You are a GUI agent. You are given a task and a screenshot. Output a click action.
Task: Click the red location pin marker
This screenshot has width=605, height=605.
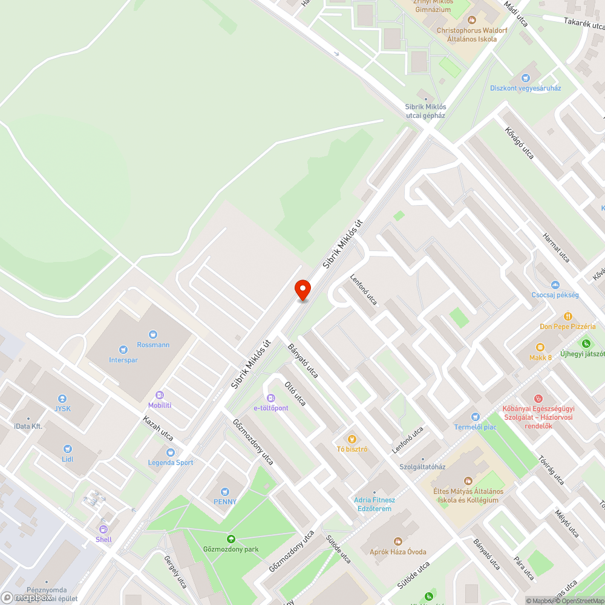tap(302, 290)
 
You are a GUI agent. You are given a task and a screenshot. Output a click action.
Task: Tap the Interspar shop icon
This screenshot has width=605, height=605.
tap(123, 349)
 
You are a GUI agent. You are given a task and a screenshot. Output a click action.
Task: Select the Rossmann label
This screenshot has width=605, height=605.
tap(153, 345)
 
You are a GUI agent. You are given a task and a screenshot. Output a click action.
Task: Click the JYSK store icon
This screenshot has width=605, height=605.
tap(62, 399)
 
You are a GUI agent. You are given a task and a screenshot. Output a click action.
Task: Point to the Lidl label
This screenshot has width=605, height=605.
tap(67, 459)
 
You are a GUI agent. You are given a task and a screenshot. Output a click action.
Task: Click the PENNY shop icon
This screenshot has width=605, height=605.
tap(225, 492)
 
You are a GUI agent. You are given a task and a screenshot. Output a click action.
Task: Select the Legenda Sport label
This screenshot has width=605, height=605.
tap(171, 463)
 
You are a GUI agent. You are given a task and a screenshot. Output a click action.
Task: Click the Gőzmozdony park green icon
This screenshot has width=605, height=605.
tap(230, 539)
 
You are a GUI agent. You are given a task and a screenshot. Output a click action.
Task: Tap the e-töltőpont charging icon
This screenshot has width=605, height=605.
tap(270, 397)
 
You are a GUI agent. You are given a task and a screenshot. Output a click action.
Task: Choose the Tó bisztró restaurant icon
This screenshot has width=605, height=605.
tap(352, 439)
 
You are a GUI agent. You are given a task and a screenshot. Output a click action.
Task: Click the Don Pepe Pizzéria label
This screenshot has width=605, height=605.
tap(567, 327)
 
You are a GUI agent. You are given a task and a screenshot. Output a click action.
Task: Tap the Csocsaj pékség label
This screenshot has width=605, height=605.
tap(555, 295)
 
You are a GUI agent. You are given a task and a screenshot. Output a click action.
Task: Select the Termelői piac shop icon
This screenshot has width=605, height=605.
tap(475, 417)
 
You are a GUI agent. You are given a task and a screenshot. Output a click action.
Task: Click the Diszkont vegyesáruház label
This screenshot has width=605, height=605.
tap(525, 88)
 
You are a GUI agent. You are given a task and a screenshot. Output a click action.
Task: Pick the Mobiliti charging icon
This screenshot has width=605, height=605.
tap(160, 394)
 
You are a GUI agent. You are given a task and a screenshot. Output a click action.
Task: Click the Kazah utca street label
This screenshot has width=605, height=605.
tap(158, 428)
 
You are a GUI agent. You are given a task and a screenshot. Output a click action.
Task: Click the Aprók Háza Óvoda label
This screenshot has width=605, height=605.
tap(398, 552)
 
